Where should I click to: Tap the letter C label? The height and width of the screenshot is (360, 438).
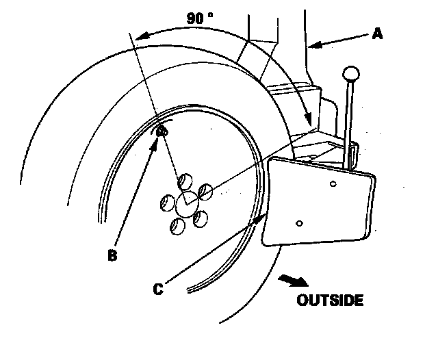(x=158, y=290)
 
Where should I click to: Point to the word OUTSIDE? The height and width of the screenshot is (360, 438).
(x=330, y=300)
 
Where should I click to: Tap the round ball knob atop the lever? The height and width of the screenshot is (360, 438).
(x=351, y=73)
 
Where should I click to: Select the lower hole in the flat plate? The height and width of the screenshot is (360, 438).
(x=299, y=222)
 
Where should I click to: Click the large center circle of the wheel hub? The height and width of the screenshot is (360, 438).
(x=185, y=203)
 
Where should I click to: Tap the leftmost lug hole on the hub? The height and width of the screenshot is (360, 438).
(x=166, y=203)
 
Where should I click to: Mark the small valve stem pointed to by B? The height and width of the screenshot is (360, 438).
(x=162, y=131)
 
